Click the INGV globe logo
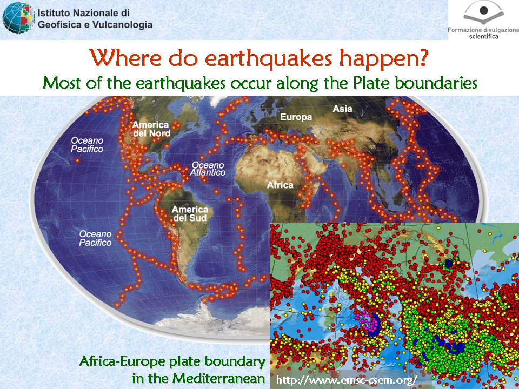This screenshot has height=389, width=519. tap(18, 18)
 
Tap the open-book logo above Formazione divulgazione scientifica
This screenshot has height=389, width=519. tap(483, 13)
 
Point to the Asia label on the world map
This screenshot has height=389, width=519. tap(342, 109)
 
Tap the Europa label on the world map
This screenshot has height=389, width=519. tap(296, 117)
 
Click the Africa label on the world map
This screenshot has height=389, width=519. tap(280, 185)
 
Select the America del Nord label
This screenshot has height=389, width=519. tap(151, 129)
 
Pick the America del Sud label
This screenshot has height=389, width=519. tap(190, 214)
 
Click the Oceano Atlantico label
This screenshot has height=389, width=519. tap(208, 169)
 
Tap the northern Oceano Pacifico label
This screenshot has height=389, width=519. tap(87, 145)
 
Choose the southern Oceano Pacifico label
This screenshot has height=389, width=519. tap(95, 238)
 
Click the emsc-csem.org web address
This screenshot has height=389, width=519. tap(346, 379)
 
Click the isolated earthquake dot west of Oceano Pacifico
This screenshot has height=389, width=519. tap(77, 160)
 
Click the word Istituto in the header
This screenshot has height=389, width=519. tap(54, 13)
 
